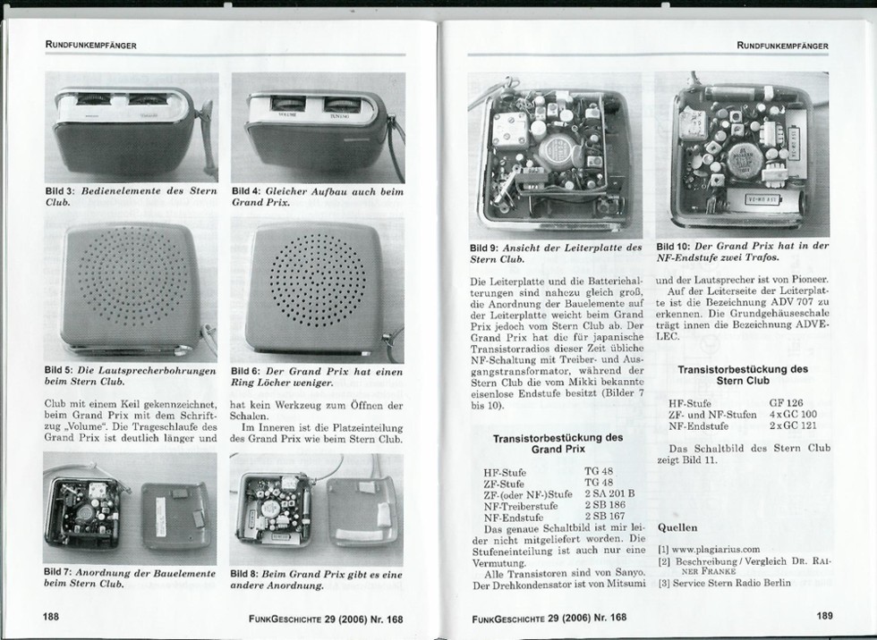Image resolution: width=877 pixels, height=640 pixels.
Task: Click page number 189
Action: pos(824,615)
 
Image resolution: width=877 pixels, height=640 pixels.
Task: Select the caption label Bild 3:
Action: pos(61,190)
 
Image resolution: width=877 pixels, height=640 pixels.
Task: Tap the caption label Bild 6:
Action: pos(248,371)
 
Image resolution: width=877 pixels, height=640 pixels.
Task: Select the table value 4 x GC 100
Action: pos(790,415)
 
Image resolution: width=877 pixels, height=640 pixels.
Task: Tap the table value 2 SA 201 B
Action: pos(609,493)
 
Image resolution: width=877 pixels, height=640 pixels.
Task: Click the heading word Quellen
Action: pos(677,527)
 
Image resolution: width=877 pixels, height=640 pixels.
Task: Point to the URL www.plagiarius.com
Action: pos(715,550)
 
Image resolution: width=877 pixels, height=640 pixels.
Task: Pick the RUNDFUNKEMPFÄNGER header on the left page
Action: pos(90,46)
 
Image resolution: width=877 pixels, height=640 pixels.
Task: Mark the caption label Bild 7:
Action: pos(61,571)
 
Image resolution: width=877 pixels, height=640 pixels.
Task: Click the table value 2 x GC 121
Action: pos(790,427)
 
